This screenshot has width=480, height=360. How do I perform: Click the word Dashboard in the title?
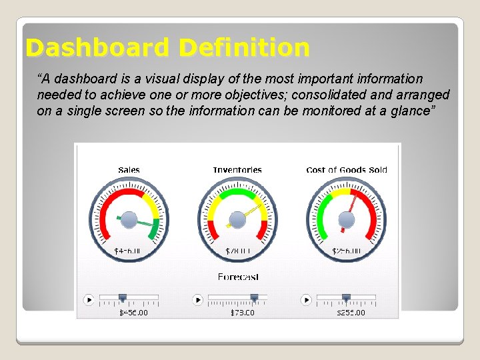97,48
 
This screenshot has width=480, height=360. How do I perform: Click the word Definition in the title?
244,48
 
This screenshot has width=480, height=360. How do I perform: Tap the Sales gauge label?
129,170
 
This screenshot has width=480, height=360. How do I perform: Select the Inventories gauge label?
237,170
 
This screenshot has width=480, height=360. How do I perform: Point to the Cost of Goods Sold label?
347,170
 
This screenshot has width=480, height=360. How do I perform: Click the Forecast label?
238,277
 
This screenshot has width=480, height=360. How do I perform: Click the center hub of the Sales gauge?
129,219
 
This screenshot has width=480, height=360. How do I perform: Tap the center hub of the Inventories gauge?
237,219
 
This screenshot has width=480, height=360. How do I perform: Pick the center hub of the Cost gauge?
347,219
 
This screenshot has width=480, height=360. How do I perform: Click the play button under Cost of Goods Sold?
306,300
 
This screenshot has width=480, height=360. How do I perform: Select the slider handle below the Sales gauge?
122,298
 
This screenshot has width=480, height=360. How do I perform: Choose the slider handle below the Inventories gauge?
254,298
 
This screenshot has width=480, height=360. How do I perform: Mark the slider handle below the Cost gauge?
346,298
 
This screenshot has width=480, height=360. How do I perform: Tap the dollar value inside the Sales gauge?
129,251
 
